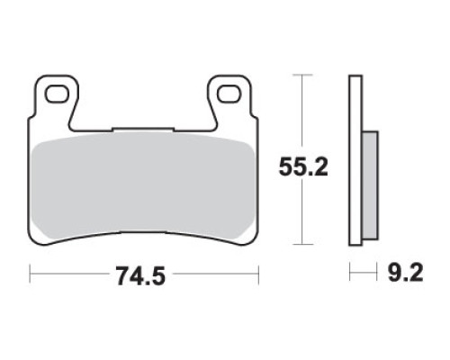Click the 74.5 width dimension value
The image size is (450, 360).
(x=141, y=275)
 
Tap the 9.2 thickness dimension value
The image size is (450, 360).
(x=405, y=273)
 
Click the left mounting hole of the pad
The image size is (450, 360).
(x=56, y=94)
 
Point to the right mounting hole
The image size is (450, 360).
(x=229, y=94)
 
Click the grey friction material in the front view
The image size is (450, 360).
(x=143, y=186)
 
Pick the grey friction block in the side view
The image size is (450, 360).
(x=370, y=185)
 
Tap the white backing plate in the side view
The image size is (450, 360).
(x=355, y=160)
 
